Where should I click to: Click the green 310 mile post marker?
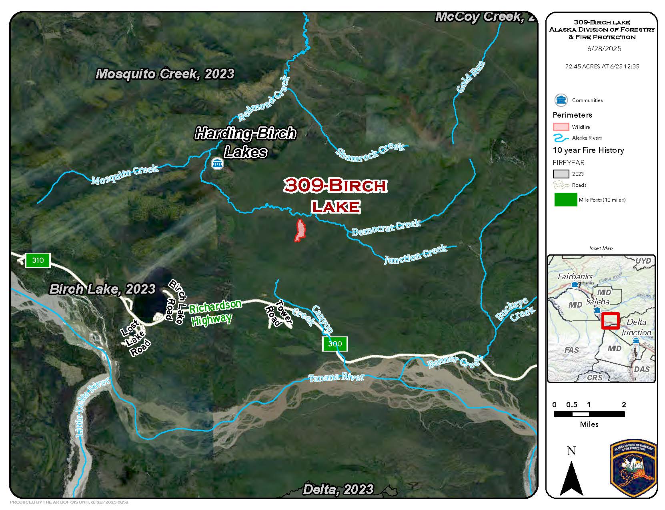coord(38,260)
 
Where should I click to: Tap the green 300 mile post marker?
coord(335,344)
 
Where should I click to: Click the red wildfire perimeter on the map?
coord(299,230)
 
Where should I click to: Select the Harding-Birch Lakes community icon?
coord(217,164)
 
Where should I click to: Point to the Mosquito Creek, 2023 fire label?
coord(165,74)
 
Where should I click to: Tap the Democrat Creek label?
coord(387,227)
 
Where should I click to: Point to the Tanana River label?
coord(336,377)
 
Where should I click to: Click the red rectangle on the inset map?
coord(611,320)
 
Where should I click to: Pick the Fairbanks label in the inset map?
coord(575,276)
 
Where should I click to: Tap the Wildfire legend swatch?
coord(561,127)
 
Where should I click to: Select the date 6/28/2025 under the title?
coord(604,49)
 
